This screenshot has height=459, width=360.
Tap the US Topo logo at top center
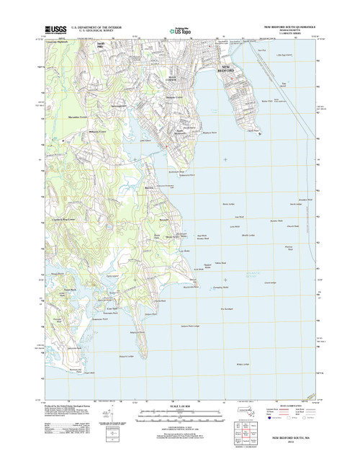point(180,31)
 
